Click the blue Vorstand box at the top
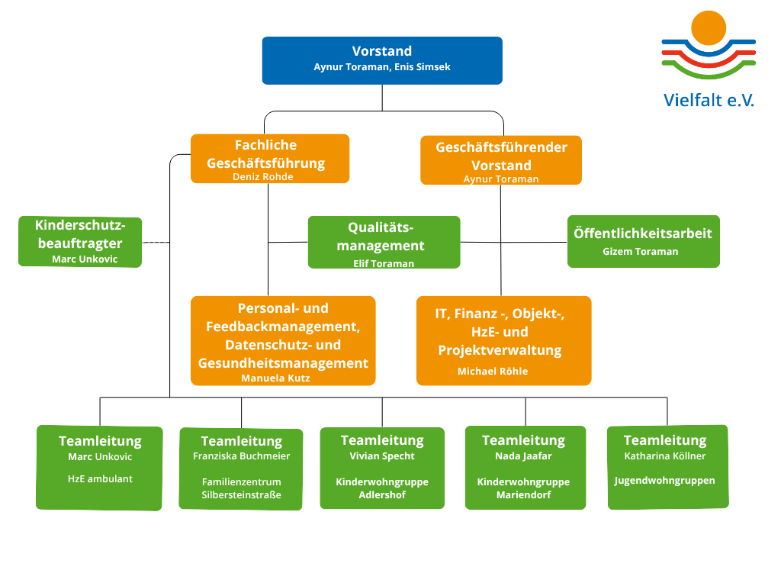point(382,60)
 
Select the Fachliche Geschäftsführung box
point(270,159)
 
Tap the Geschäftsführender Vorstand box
point(501,160)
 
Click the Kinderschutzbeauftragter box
point(80,242)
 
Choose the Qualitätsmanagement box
point(384,242)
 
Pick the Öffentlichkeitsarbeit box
point(644,241)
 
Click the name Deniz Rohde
point(263,177)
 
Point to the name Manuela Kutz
point(275,378)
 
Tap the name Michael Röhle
point(493,372)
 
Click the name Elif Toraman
point(384,263)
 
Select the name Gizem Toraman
point(641,252)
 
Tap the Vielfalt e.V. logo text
point(709,100)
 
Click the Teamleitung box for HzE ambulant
point(100,468)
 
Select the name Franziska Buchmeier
point(242,456)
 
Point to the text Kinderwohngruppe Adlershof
point(382,488)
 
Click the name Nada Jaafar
point(523,456)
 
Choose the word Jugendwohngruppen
point(664,481)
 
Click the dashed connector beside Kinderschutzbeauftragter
point(156,243)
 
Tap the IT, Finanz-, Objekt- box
point(503,341)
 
